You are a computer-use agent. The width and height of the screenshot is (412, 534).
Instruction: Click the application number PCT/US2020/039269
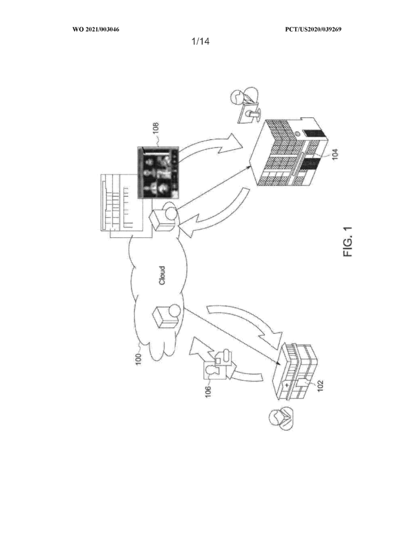(313, 30)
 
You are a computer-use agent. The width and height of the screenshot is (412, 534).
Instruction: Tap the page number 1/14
(201, 42)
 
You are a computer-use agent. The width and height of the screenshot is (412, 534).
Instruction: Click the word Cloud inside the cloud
(163, 275)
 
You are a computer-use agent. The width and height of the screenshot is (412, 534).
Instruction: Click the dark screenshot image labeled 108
(158, 172)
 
